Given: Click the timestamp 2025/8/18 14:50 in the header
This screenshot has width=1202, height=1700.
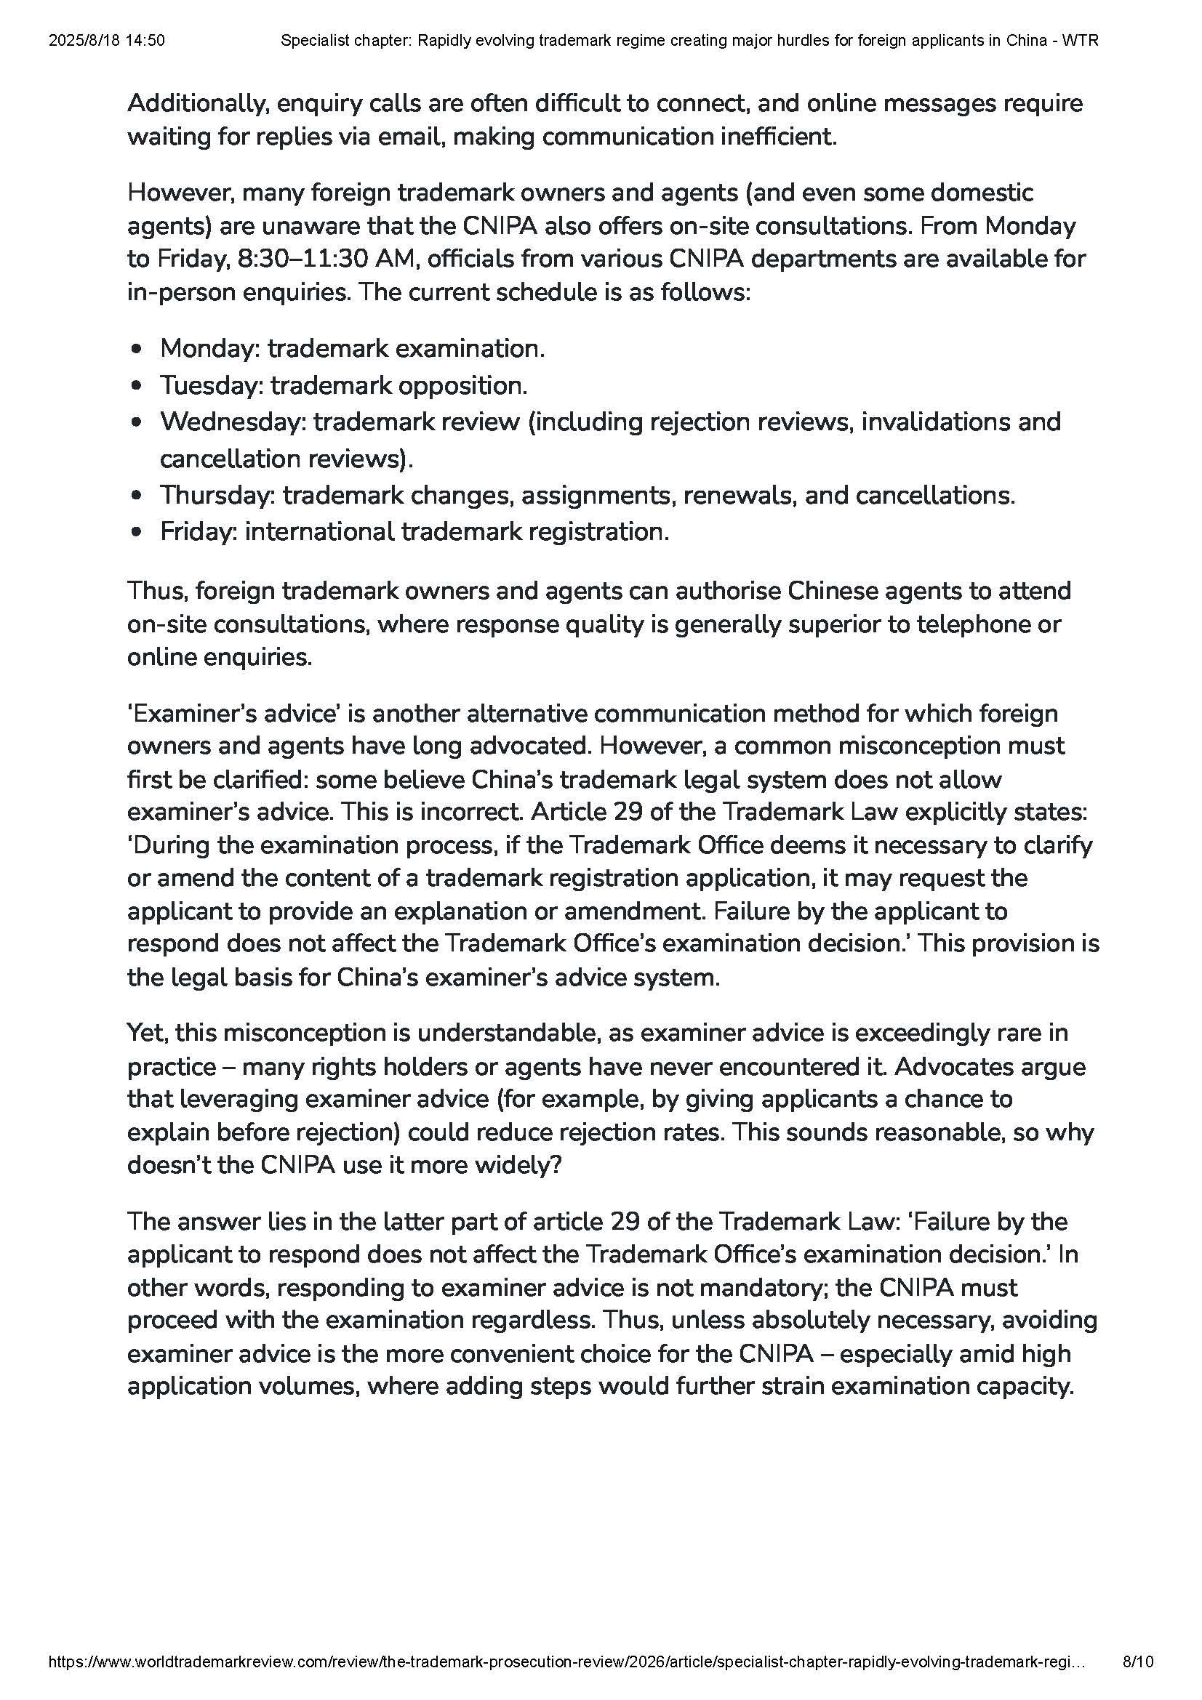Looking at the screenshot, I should click(107, 41).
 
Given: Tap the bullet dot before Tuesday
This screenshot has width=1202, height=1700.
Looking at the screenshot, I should click(135, 386).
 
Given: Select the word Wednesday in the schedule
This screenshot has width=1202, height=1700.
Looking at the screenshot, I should click(233, 422).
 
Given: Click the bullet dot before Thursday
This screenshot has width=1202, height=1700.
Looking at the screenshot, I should click(135, 495).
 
